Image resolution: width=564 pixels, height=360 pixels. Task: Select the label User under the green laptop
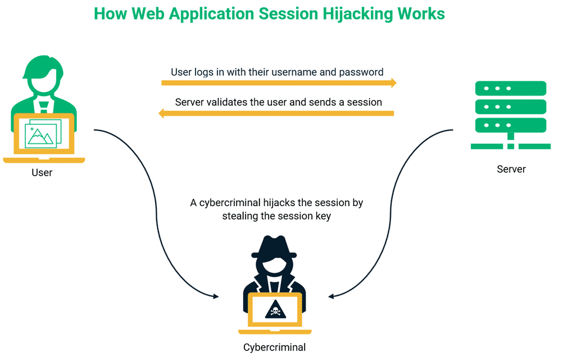click(42, 172)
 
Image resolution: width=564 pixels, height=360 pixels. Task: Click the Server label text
click(511, 169)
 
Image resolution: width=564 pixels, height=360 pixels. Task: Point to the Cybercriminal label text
click(274, 347)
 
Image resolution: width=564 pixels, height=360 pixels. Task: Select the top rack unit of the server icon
click(511, 88)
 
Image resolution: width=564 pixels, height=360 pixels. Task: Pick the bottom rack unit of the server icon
click(511, 125)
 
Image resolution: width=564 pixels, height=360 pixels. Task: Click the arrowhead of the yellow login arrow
click(393, 83)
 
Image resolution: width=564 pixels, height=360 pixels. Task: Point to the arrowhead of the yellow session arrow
click(162, 113)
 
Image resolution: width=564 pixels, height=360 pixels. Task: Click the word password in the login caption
click(365, 72)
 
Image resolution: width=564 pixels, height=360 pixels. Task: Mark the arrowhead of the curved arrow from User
click(216, 296)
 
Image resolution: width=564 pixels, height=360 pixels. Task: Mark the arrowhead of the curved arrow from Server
click(332, 296)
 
